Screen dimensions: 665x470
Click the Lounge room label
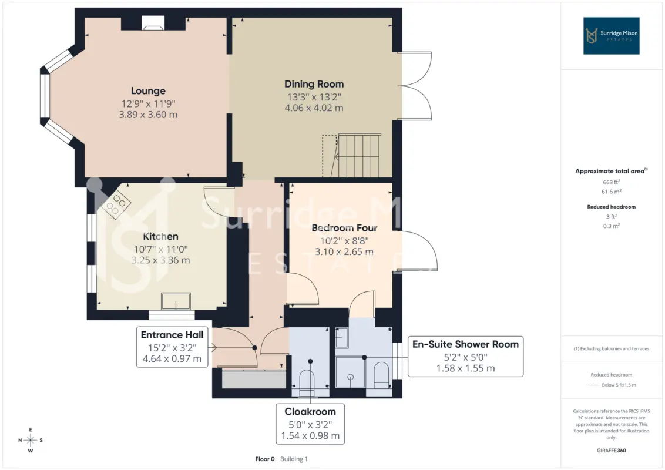pyautogui.click(x=148, y=91)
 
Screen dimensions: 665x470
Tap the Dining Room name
pyautogui.click(x=314, y=84)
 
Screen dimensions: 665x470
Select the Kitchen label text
pyautogui.click(x=160, y=236)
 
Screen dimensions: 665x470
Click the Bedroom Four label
pyautogui.click(x=344, y=228)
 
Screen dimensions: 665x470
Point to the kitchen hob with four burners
pyautogui.click(x=116, y=204)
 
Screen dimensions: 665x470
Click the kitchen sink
pyautogui.click(x=176, y=301)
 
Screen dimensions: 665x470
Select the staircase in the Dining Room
pyautogui.click(x=358, y=156)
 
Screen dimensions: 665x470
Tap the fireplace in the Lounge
pyautogui.click(x=153, y=23)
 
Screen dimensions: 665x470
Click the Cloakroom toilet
pyautogui.click(x=307, y=382)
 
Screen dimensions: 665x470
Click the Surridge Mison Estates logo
pyautogui.click(x=611, y=36)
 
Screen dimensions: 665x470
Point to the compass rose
pyautogui.click(x=31, y=440)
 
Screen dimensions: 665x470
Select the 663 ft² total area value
pyautogui.click(x=611, y=182)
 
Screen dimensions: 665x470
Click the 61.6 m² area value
pyautogui.click(x=611, y=192)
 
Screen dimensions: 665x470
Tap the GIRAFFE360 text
pyautogui.click(x=611, y=451)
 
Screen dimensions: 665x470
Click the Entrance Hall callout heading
pyautogui.click(x=172, y=335)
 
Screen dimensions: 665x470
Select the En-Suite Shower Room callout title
pyautogui.click(x=466, y=344)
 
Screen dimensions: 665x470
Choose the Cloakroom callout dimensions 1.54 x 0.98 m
pyautogui.click(x=310, y=436)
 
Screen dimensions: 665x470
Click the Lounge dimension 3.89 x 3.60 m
pyautogui.click(x=148, y=115)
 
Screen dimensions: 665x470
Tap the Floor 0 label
pyautogui.click(x=264, y=459)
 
